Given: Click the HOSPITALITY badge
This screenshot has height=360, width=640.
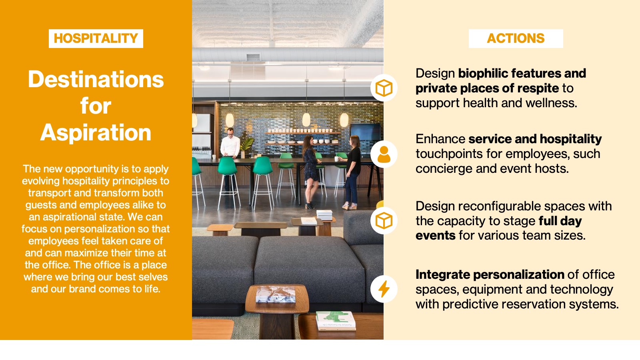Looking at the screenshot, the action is click(96, 38).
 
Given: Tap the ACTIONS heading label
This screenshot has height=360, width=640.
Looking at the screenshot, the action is click(516, 38).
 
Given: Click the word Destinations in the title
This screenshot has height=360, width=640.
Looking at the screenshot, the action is click(96, 79).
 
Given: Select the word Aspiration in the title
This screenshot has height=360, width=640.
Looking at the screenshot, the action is click(96, 133).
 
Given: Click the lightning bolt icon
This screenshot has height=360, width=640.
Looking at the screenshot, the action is click(384, 289).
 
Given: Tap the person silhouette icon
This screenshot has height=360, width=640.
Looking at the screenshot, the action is click(384, 154).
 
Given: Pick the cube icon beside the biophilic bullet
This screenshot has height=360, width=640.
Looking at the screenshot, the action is click(384, 88).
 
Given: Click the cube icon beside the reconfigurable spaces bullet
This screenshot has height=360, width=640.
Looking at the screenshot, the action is click(384, 221).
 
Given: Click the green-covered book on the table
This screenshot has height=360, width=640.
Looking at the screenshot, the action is click(336, 320).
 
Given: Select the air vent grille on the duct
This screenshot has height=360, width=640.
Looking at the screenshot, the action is click(253, 57).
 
